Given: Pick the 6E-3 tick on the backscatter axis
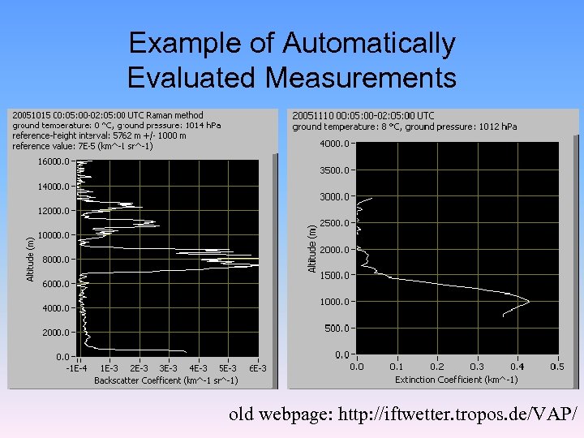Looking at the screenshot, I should pos(258,368).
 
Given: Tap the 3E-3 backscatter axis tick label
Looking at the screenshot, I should pos(168,368).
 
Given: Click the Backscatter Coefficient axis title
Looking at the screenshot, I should pos(165,380).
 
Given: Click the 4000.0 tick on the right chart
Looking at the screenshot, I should pos(336,144).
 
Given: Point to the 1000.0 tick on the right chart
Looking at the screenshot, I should pos(336,302).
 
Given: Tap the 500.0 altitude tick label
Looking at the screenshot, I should pos(338,328).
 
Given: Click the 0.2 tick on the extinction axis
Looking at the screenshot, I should pos(436,367).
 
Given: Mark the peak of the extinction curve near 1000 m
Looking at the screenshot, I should pos(529,302).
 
